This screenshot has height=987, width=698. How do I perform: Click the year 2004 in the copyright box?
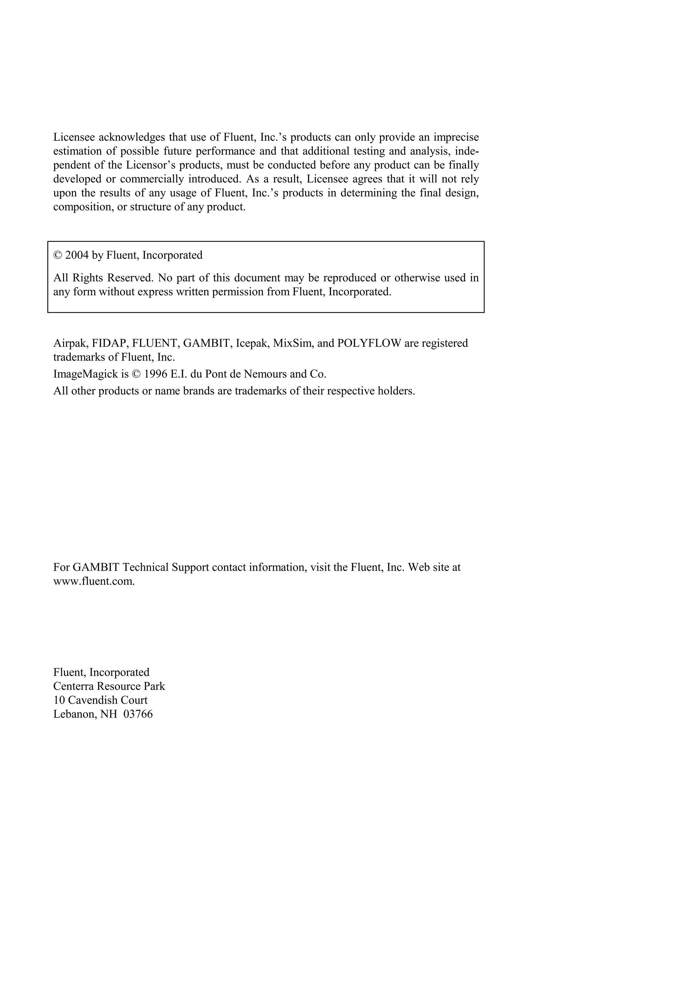77,255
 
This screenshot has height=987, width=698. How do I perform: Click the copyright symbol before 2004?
58,255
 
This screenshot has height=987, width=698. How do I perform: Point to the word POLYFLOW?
369,343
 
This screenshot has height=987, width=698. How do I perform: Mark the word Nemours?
264,374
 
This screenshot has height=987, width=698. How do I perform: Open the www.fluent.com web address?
94,582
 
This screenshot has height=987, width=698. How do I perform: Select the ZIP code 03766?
138,715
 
